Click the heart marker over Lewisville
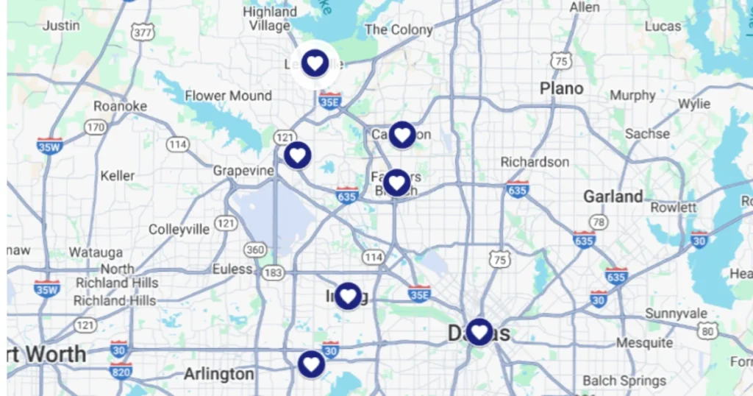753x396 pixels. click(x=315, y=63)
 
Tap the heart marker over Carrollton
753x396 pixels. click(x=402, y=135)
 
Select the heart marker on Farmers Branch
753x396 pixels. click(x=396, y=182)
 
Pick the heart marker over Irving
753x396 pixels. click(x=348, y=296)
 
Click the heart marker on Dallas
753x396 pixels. click(x=479, y=332)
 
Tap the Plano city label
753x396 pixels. click(x=561, y=88)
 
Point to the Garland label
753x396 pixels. click(x=613, y=197)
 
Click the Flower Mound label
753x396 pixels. click(x=228, y=96)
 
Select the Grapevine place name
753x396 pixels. click(x=243, y=171)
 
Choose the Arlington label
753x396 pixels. click(x=218, y=374)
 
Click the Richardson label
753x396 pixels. click(x=535, y=161)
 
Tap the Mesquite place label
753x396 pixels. click(x=644, y=343)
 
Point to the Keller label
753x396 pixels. click(x=118, y=175)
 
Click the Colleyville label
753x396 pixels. click(x=179, y=229)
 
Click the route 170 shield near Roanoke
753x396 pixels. click(x=95, y=127)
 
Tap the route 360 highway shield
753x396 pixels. click(x=255, y=250)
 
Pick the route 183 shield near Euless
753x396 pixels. click(x=273, y=272)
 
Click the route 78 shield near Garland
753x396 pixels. click(x=600, y=222)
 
